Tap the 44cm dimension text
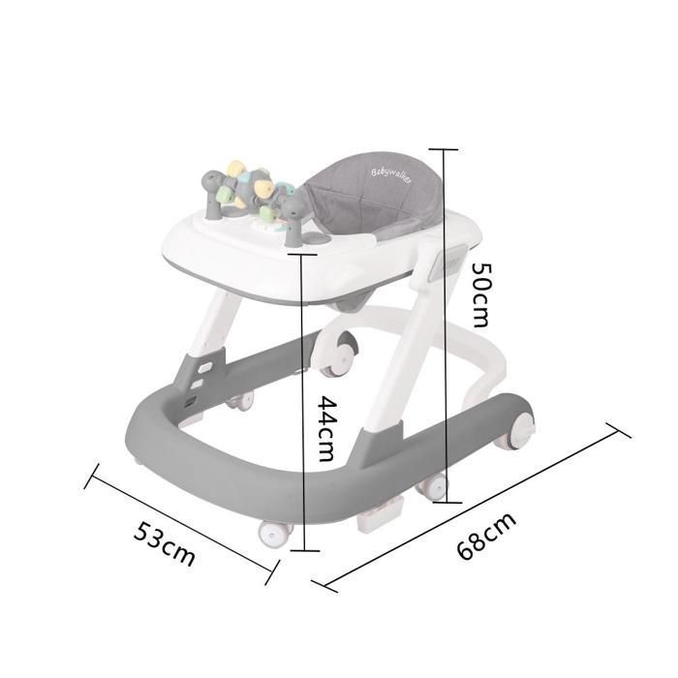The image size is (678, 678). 325,428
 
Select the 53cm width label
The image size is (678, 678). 164,543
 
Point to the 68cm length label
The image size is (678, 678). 486,537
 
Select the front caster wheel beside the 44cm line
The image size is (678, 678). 275,533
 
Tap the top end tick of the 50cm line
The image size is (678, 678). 444,149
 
